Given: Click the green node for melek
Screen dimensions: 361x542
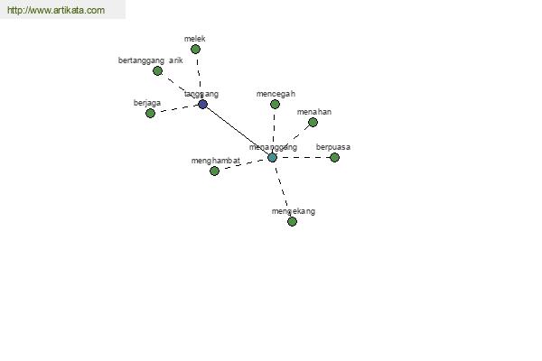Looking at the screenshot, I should tap(195, 49).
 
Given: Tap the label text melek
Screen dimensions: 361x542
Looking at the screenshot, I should tap(195, 39).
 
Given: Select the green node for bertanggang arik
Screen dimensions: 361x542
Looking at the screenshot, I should tap(157, 70).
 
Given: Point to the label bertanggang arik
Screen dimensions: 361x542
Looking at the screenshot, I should tap(151, 60).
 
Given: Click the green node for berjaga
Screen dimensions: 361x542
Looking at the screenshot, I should tap(150, 113).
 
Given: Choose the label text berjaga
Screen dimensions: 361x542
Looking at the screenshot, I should tap(146, 103).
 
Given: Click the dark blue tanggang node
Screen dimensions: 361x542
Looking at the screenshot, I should tap(202, 104).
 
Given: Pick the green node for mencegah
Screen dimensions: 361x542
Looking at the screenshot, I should tap(275, 104).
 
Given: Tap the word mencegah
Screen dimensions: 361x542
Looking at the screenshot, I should tap(276, 94).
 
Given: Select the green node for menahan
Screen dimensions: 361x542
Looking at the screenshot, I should tap(313, 122).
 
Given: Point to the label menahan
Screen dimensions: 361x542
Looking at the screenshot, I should tap(314, 112).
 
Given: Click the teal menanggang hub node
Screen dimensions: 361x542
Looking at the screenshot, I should tap(272, 157).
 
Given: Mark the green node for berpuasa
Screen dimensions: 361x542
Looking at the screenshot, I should tap(334, 157).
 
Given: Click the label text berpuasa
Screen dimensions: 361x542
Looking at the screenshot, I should tap(333, 147).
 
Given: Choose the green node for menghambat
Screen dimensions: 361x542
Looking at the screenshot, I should tap(214, 171).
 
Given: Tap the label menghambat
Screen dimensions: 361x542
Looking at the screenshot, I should tap(215, 161).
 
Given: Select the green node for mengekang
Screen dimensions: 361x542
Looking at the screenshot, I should tap(292, 221).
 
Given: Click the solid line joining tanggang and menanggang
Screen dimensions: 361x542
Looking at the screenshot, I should tap(237, 130).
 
